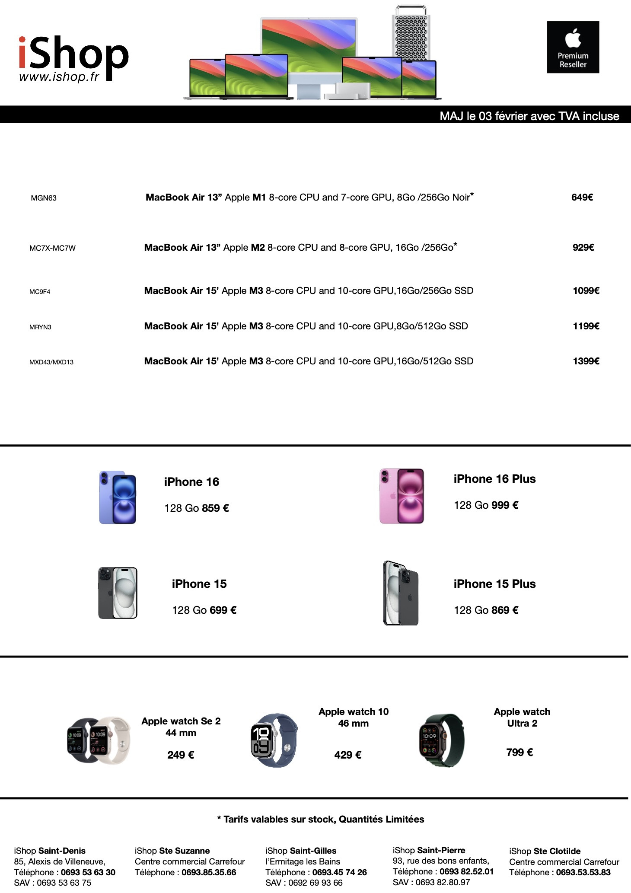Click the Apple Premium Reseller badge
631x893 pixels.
pyautogui.click(x=573, y=47)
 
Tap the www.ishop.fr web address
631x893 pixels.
pyautogui.click(x=59, y=77)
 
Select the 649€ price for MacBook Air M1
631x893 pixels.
pyautogui.click(x=582, y=198)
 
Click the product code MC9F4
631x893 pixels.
pyautogui.click(x=40, y=292)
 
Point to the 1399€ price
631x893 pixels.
pyautogui.click(x=586, y=361)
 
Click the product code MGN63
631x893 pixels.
pyautogui.click(x=44, y=198)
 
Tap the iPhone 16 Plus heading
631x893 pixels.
pyautogui.click(x=494, y=479)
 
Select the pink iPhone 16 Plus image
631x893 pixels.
pyautogui.click(x=402, y=496)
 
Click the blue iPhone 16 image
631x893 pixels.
pyautogui.click(x=118, y=498)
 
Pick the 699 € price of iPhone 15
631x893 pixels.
pyautogui.click(x=223, y=610)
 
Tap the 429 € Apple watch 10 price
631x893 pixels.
pyautogui.click(x=347, y=755)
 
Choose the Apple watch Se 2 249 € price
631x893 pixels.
pyautogui.click(x=181, y=755)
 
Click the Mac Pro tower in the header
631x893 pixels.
pyautogui.click(x=411, y=32)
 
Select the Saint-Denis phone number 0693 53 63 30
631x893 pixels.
pyautogui.click(x=88, y=872)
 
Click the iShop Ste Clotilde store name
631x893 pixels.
pyautogui.click(x=545, y=852)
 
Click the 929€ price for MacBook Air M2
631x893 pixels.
pyautogui.click(x=583, y=248)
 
